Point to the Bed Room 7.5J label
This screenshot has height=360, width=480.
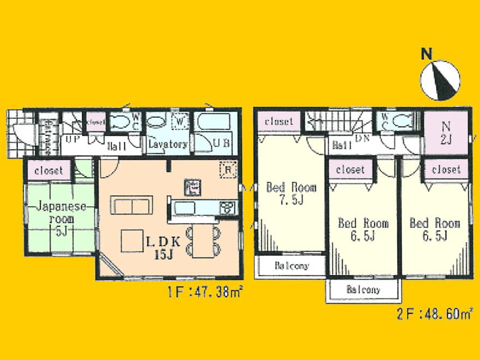[x=291, y=193]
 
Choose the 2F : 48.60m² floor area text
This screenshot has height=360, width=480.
[x=434, y=315]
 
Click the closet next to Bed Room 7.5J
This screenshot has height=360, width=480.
[x=279, y=122]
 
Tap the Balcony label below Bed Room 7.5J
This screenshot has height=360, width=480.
[x=291, y=266]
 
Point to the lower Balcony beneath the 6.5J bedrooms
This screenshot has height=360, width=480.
[x=364, y=290]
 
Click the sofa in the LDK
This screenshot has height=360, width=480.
[x=131, y=205]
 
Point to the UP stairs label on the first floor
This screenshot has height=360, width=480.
[x=71, y=140]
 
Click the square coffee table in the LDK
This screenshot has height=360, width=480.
[x=132, y=241]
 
